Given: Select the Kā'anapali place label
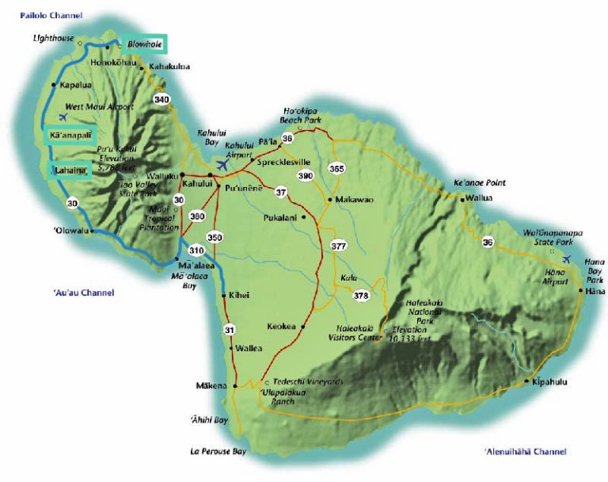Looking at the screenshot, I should pyautogui.click(x=70, y=136).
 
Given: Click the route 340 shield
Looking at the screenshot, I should pyautogui.click(x=161, y=99).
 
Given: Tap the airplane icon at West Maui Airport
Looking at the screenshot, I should pyautogui.click(x=62, y=117).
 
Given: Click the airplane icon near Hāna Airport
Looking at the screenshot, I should pyautogui.click(x=565, y=259).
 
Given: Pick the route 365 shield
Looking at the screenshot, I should pyautogui.click(x=336, y=169).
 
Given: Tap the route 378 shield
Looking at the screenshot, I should pyautogui.click(x=361, y=296).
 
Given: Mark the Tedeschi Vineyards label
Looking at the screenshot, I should pyautogui.click(x=308, y=381).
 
